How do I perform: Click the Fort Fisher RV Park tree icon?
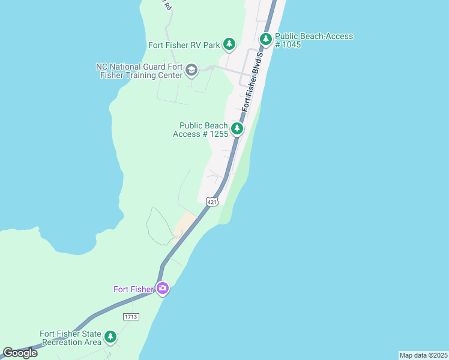229,44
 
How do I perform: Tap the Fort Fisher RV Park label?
184,45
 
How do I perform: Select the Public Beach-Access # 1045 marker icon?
265,40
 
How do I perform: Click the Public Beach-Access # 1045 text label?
314,40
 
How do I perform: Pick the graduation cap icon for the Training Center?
191,70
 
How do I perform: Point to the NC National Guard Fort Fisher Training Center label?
139,71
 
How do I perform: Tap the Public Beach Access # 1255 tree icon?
237,128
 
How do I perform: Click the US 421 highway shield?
212,202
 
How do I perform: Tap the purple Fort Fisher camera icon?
163,289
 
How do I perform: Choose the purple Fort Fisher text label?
134,289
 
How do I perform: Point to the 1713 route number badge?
130,316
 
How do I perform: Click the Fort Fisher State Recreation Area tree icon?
110,337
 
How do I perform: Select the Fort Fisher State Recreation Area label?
71,338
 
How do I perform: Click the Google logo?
20,353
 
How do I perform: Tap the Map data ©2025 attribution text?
423,355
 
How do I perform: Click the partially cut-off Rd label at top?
167,4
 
